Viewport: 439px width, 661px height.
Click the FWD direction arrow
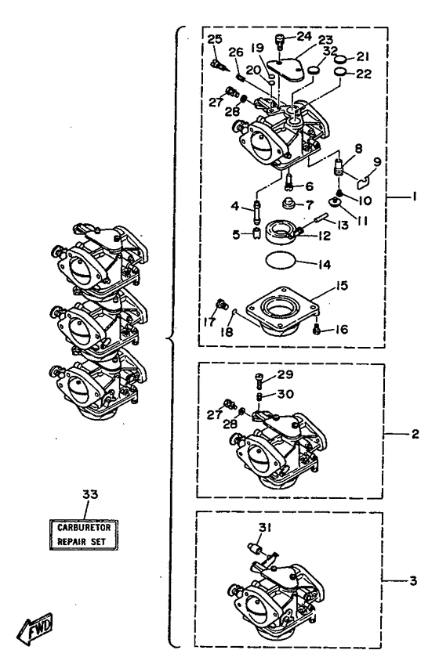coord(35,628)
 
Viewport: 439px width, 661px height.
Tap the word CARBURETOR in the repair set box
coord(84,527)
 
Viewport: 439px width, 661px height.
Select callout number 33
coord(90,494)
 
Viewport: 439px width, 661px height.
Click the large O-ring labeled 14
coord(281,261)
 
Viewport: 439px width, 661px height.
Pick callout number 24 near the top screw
coord(303,36)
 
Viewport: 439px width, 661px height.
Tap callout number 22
coord(364,74)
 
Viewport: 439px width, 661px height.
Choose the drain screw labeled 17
coord(221,303)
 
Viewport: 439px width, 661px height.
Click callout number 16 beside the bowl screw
coord(341,329)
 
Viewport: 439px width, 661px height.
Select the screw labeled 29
coord(259,381)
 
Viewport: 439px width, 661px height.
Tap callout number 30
coord(285,394)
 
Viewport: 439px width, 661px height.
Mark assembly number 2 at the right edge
coord(415,434)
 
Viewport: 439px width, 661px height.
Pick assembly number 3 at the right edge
coord(413,580)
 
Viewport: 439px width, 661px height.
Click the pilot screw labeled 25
coord(219,66)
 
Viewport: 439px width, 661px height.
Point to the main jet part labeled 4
coord(256,213)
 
